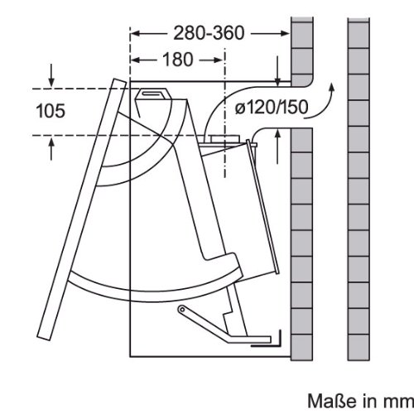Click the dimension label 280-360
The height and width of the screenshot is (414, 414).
coord(209,33)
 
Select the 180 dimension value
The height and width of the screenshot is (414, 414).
coord(177,60)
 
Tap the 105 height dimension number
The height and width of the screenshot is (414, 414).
coord(51,111)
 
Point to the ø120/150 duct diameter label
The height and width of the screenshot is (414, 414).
coord(272,107)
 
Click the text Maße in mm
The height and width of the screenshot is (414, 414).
coord(360,401)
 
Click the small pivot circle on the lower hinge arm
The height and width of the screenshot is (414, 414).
coord(181,310)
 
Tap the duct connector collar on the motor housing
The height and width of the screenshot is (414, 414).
coord(224,138)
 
